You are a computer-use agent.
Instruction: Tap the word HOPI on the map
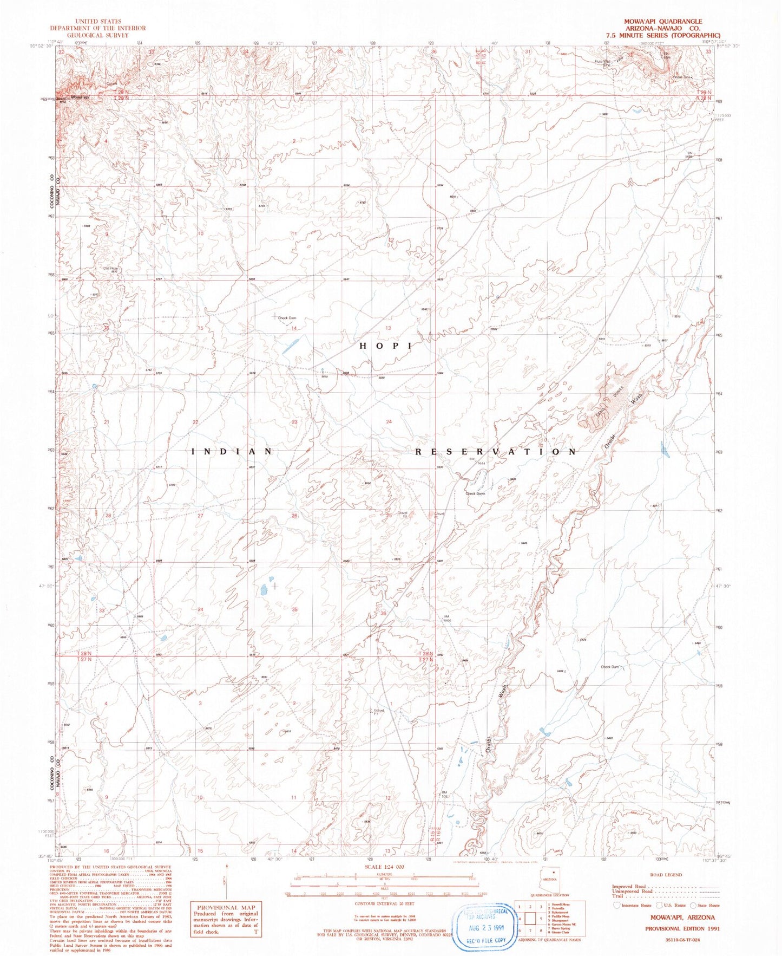(386, 345)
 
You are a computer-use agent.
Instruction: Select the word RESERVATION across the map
(495, 451)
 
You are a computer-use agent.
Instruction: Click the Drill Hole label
(110, 268)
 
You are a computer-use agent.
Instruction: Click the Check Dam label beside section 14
(287, 318)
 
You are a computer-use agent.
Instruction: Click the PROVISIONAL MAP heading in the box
(225, 907)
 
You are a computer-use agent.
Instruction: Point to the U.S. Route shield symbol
(660, 905)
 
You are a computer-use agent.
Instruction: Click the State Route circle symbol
(693, 905)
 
